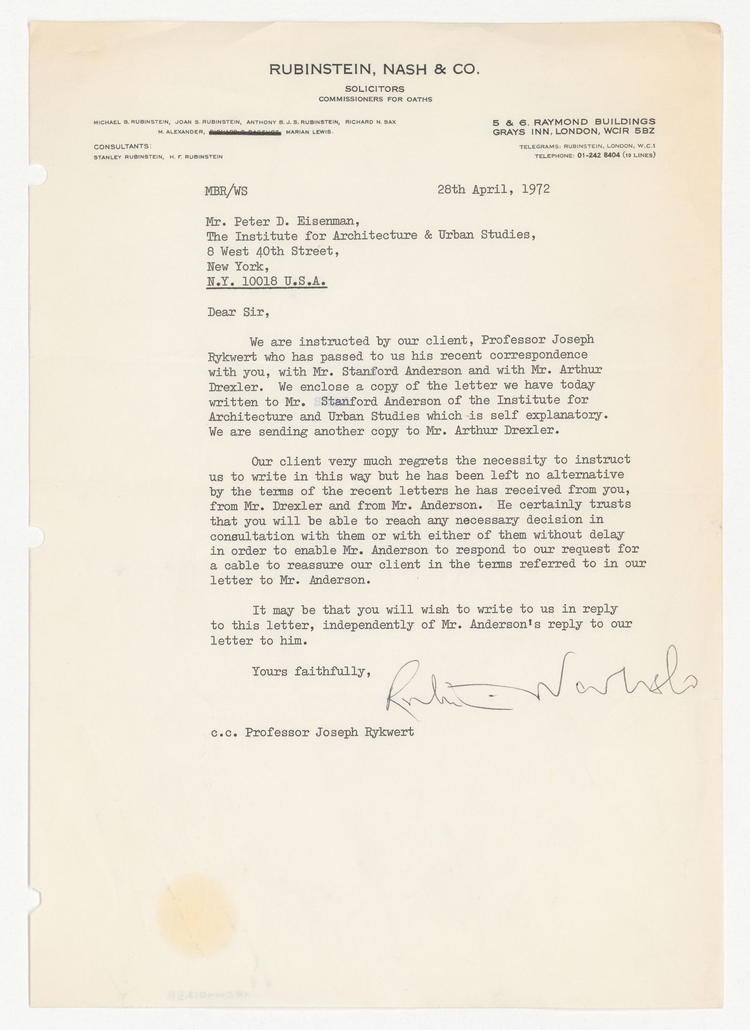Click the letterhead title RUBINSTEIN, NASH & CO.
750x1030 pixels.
click(x=374, y=70)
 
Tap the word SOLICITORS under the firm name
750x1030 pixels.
click(x=374, y=89)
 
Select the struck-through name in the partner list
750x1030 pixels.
click(x=246, y=132)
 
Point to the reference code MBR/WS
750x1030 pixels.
click(x=226, y=191)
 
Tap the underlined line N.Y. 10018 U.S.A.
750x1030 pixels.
click(x=267, y=282)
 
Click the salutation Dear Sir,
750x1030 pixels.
click(x=238, y=312)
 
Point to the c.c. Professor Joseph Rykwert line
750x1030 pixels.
click(x=312, y=732)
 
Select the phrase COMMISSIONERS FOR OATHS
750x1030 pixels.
click(x=375, y=99)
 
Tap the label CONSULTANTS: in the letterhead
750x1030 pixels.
click(x=122, y=146)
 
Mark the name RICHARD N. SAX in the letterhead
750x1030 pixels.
click(x=371, y=122)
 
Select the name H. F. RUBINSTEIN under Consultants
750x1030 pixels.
click(x=196, y=156)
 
